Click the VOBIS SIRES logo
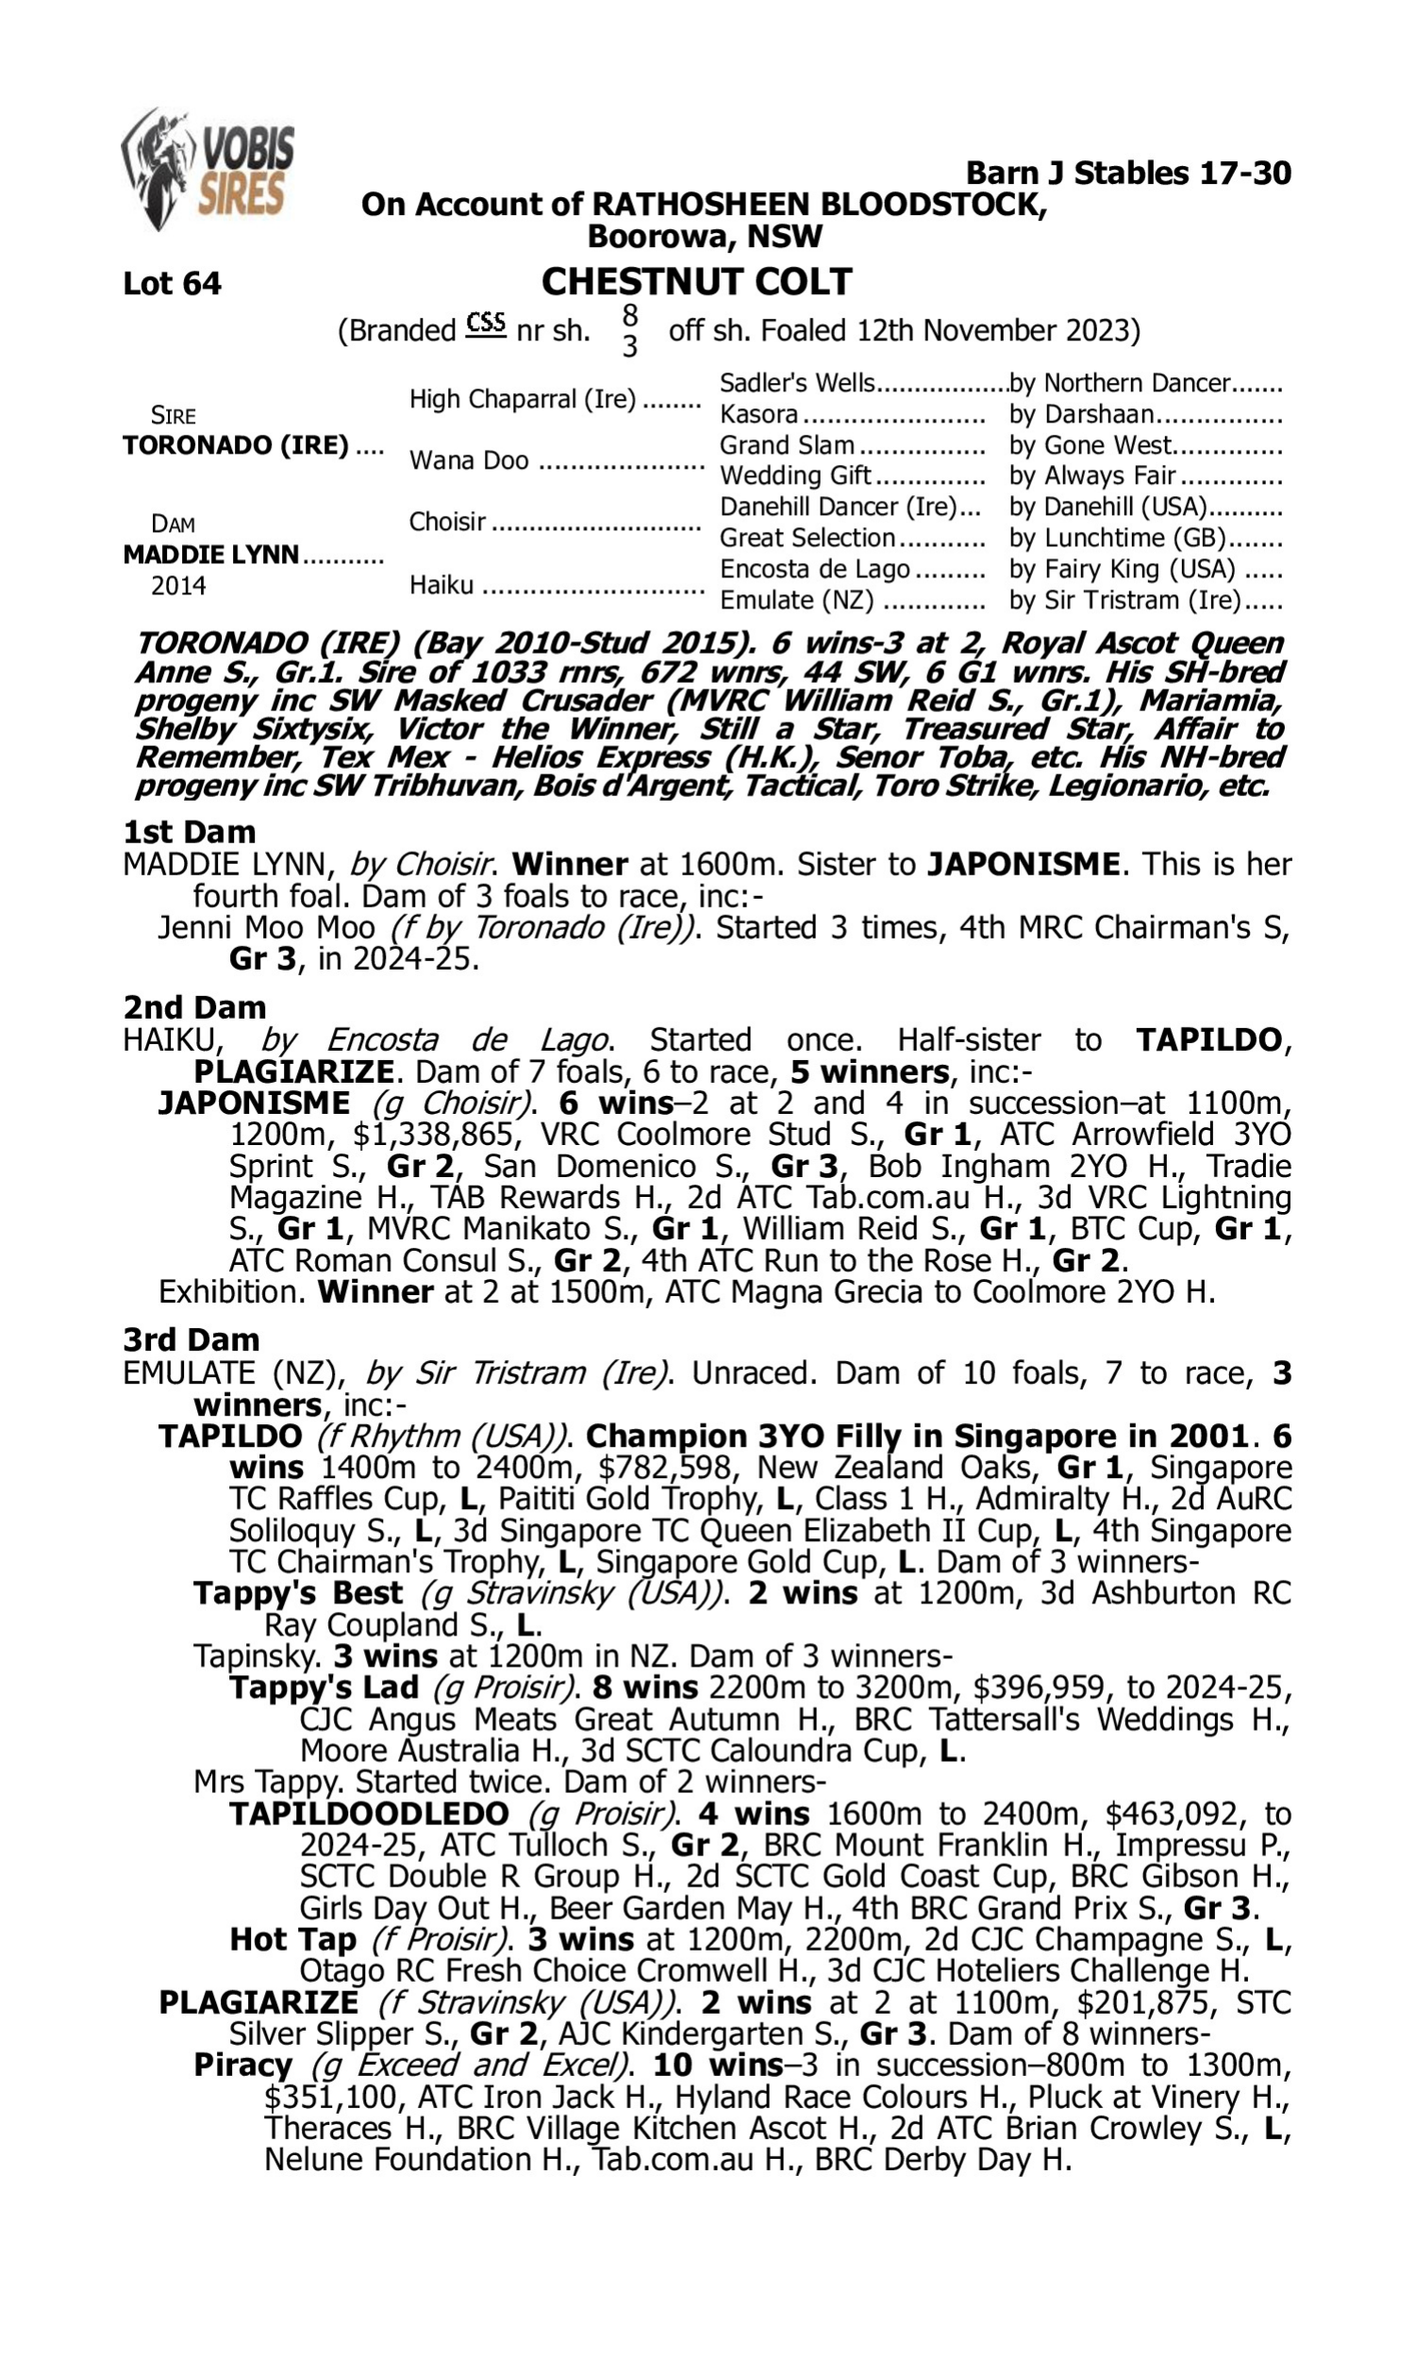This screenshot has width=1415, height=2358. (x=208, y=170)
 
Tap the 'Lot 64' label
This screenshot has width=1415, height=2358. (x=172, y=284)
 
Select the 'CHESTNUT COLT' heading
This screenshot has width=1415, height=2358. (x=696, y=282)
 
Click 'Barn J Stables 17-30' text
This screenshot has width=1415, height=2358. (x=1128, y=174)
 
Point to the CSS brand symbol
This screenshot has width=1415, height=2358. (x=485, y=325)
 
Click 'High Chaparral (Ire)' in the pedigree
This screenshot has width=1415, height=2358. (x=523, y=399)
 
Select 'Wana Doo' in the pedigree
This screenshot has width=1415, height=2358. (x=468, y=460)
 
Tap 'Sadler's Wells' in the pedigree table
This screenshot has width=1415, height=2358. (x=796, y=383)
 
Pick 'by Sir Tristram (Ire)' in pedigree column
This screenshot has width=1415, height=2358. (x=1125, y=601)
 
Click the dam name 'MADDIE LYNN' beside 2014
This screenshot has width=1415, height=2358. (x=210, y=555)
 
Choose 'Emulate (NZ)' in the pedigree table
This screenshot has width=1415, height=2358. (x=796, y=601)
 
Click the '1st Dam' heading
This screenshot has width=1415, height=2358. (x=189, y=832)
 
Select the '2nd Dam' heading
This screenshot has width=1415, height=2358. (x=193, y=1007)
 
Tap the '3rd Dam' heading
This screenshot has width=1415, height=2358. (x=191, y=1340)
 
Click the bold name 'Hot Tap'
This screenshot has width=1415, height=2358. (x=292, y=1939)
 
